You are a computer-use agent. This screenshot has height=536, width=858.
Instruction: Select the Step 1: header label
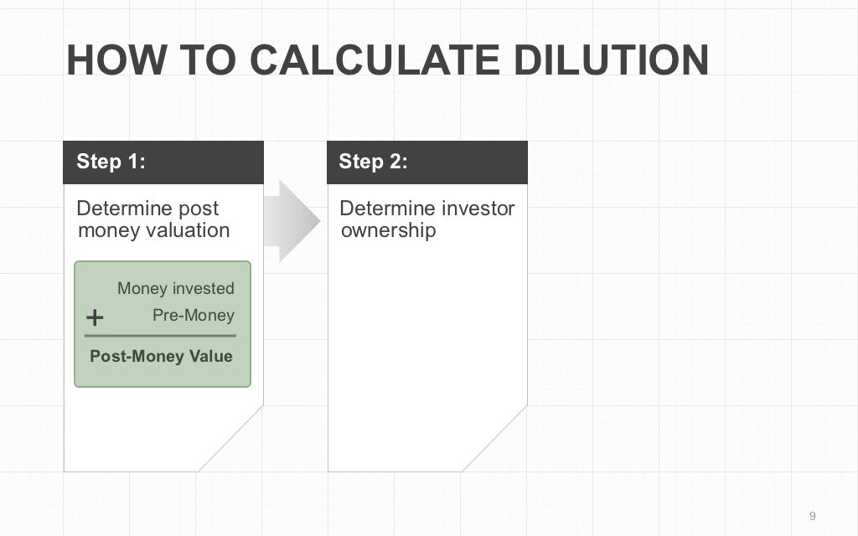111,162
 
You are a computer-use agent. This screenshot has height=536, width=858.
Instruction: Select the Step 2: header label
373,162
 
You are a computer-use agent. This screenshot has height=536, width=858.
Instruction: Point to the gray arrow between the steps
292,221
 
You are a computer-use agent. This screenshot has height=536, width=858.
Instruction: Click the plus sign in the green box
96,317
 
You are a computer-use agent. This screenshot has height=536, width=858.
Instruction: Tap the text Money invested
175,289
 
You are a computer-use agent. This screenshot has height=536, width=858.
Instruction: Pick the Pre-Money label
193,316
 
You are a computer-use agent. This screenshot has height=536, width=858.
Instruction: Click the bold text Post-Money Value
161,356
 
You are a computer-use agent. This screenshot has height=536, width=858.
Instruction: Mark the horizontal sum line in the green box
160,336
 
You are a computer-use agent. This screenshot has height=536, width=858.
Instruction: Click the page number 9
812,515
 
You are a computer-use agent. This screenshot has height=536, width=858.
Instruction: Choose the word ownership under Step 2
388,230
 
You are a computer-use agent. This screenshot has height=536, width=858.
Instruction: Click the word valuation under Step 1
189,230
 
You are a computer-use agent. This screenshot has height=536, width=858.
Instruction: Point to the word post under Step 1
199,209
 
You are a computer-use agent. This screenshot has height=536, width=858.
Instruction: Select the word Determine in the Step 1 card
123,209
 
